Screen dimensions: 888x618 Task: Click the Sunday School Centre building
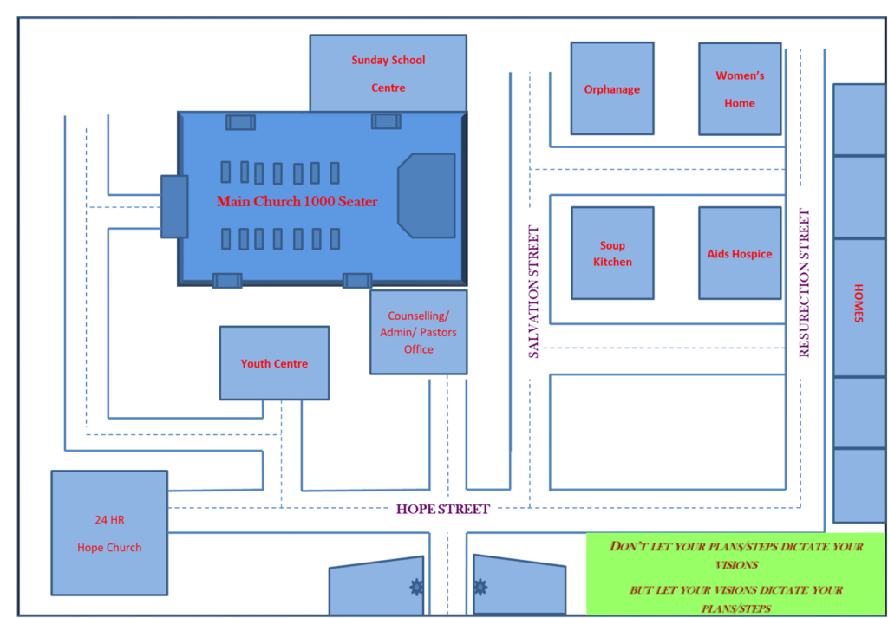point(388,73)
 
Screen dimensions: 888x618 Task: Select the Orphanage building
point(612,88)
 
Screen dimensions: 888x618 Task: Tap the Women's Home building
point(740,89)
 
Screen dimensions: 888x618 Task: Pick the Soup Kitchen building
point(612,253)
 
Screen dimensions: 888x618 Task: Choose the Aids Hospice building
point(740,253)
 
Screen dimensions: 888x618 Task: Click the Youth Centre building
point(274,363)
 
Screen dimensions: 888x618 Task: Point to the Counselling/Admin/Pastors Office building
point(419,332)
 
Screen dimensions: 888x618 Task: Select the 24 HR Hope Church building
point(109,532)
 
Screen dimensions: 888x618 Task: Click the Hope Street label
point(442,510)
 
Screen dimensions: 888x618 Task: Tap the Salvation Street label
point(533,292)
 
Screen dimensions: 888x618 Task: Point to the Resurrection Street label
point(804,283)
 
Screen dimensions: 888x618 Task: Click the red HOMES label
point(858,303)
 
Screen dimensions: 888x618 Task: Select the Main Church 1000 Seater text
point(297,201)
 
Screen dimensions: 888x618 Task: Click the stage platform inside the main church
point(427,196)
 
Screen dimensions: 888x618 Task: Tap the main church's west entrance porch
point(174,206)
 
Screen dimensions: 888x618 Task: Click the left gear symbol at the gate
point(417,588)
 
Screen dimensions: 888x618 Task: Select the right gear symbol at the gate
point(480,588)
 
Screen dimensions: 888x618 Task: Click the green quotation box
point(735,574)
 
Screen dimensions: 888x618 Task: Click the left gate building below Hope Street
point(376,587)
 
